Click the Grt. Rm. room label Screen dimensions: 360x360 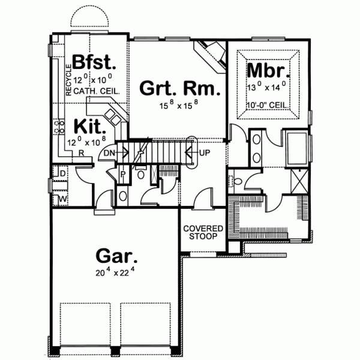(179, 89)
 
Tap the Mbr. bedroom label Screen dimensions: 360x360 (269, 71)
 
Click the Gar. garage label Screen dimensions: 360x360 (116, 257)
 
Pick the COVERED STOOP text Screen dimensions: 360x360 (203, 233)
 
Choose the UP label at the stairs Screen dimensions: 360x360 (205, 153)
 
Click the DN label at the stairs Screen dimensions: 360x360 (109, 154)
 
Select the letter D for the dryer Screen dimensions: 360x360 (63, 174)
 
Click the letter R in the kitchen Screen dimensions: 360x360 (80, 152)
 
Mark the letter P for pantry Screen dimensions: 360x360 (123, 175)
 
